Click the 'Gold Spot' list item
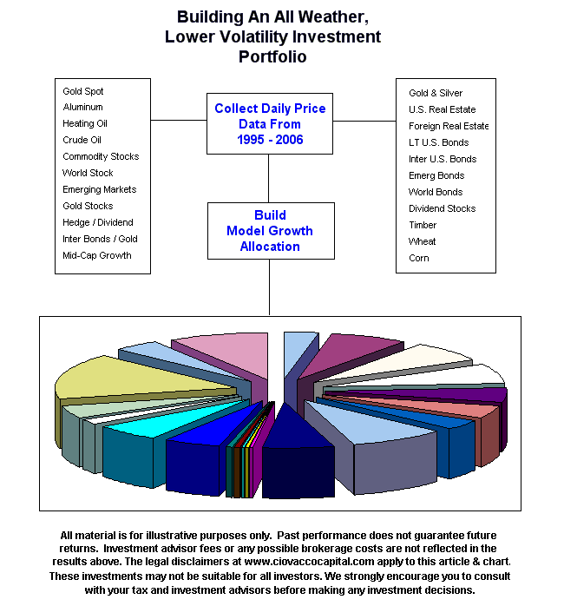click(83, 91)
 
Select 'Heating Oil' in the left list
click(85, 124)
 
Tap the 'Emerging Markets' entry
click(99, 189)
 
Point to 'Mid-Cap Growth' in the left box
click(97, 255)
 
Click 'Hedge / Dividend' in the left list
click(98, 222)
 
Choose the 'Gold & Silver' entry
click(436, 93)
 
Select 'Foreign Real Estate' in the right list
click(449, 126)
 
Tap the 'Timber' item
click(423, 225)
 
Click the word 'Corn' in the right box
click(419, 258)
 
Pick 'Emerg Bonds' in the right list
click(436, 175)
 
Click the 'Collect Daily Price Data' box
click(270, 124)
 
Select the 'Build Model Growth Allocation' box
click(270, 231)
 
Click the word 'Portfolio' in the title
click(272, 57)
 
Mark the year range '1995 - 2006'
click(271, 140)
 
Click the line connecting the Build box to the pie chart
click(270, 287)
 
